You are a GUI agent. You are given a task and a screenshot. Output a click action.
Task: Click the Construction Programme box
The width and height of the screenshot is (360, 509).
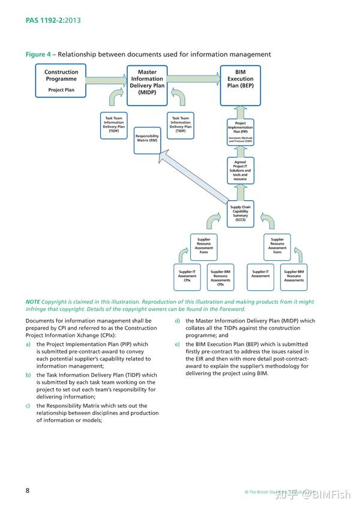point(61,82)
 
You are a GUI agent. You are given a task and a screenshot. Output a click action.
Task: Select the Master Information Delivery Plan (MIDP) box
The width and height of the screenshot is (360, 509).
point(147,82)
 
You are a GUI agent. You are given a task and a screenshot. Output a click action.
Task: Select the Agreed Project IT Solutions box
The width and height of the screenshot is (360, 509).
point(240,171)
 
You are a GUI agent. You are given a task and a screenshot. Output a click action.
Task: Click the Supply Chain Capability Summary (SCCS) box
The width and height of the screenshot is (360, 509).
point(240,214)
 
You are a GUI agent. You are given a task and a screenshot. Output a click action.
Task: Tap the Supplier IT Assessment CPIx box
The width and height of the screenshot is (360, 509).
point(187,277)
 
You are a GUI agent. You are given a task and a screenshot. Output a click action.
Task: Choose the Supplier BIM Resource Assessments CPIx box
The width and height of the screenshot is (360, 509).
point(220,277)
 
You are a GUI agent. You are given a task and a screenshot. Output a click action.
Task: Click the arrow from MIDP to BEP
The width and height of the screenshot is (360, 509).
point(193,80)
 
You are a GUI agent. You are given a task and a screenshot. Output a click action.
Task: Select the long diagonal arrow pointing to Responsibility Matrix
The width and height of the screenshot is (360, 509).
point(195,177)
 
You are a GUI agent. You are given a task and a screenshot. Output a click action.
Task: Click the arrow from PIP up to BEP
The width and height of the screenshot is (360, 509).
point(240,111)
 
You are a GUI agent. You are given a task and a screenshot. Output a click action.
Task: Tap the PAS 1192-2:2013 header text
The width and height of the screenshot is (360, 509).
point(53,20)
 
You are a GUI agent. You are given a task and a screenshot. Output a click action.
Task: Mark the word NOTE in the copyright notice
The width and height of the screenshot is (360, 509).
point(33,302)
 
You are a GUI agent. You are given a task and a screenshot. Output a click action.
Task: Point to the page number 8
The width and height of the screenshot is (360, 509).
point(28,490)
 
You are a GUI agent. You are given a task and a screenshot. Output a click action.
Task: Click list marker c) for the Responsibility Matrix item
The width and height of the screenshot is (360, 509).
point(28,405)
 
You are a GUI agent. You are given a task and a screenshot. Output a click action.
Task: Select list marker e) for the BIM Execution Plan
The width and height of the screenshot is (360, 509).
point(177,344)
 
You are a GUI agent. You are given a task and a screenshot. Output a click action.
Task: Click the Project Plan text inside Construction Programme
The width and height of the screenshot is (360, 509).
point(61,91)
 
